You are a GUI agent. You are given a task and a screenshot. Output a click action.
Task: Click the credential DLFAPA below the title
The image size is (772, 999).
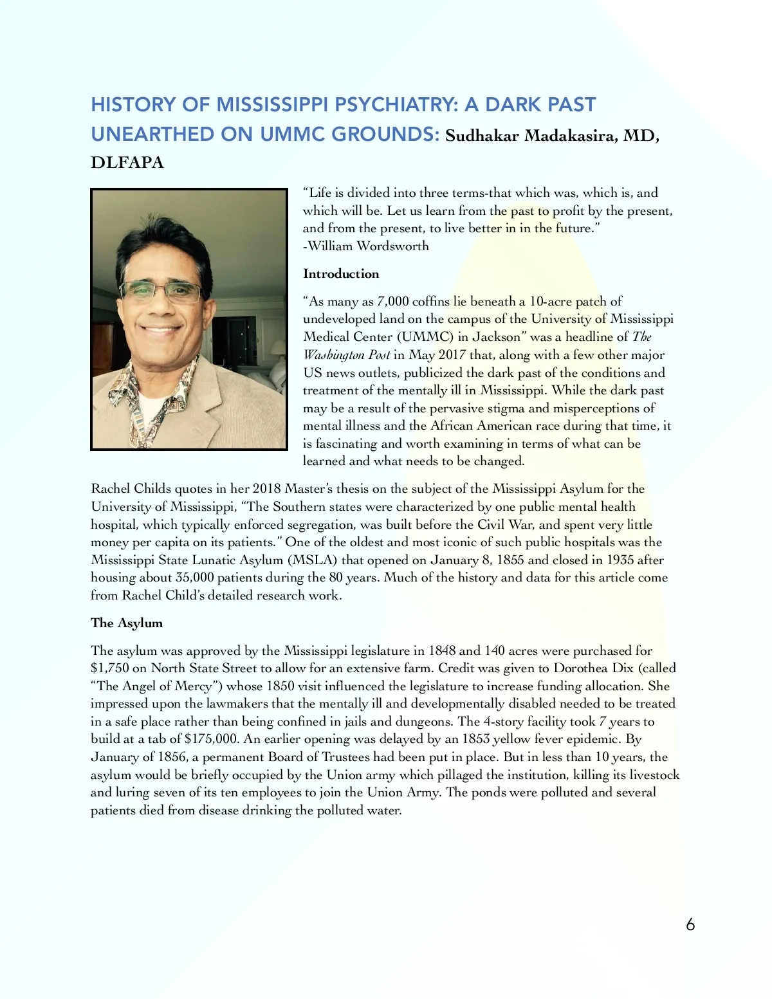127,163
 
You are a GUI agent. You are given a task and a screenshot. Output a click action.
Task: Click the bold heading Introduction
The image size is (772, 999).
341,274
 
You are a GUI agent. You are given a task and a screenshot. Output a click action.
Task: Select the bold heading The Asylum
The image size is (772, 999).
127,623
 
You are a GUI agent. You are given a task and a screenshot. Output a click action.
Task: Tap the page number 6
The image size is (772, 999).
690,924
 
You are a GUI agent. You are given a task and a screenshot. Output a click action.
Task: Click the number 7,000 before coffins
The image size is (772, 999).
392,302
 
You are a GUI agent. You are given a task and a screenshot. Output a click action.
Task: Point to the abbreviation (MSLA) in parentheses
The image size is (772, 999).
312,560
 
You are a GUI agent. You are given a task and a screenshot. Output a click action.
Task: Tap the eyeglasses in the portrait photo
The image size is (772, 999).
161,291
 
